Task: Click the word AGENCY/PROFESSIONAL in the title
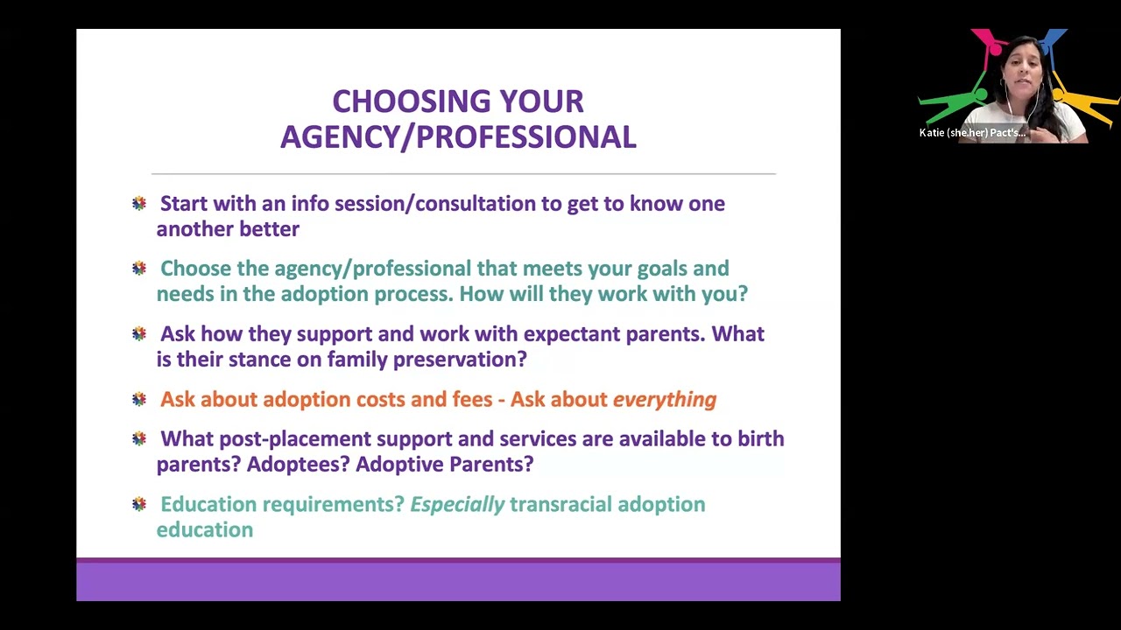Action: (458, 137)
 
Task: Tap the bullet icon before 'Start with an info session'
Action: (139, 204)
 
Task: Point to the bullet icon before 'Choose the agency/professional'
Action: (139, 269)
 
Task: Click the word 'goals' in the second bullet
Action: (661, 269)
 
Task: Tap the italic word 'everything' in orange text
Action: (664, 400)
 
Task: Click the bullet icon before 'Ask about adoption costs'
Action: (139, 400)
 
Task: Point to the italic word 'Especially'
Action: (457, 505)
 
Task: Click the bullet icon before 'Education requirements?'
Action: (139, 504)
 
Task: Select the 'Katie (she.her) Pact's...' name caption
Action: (972, 133)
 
